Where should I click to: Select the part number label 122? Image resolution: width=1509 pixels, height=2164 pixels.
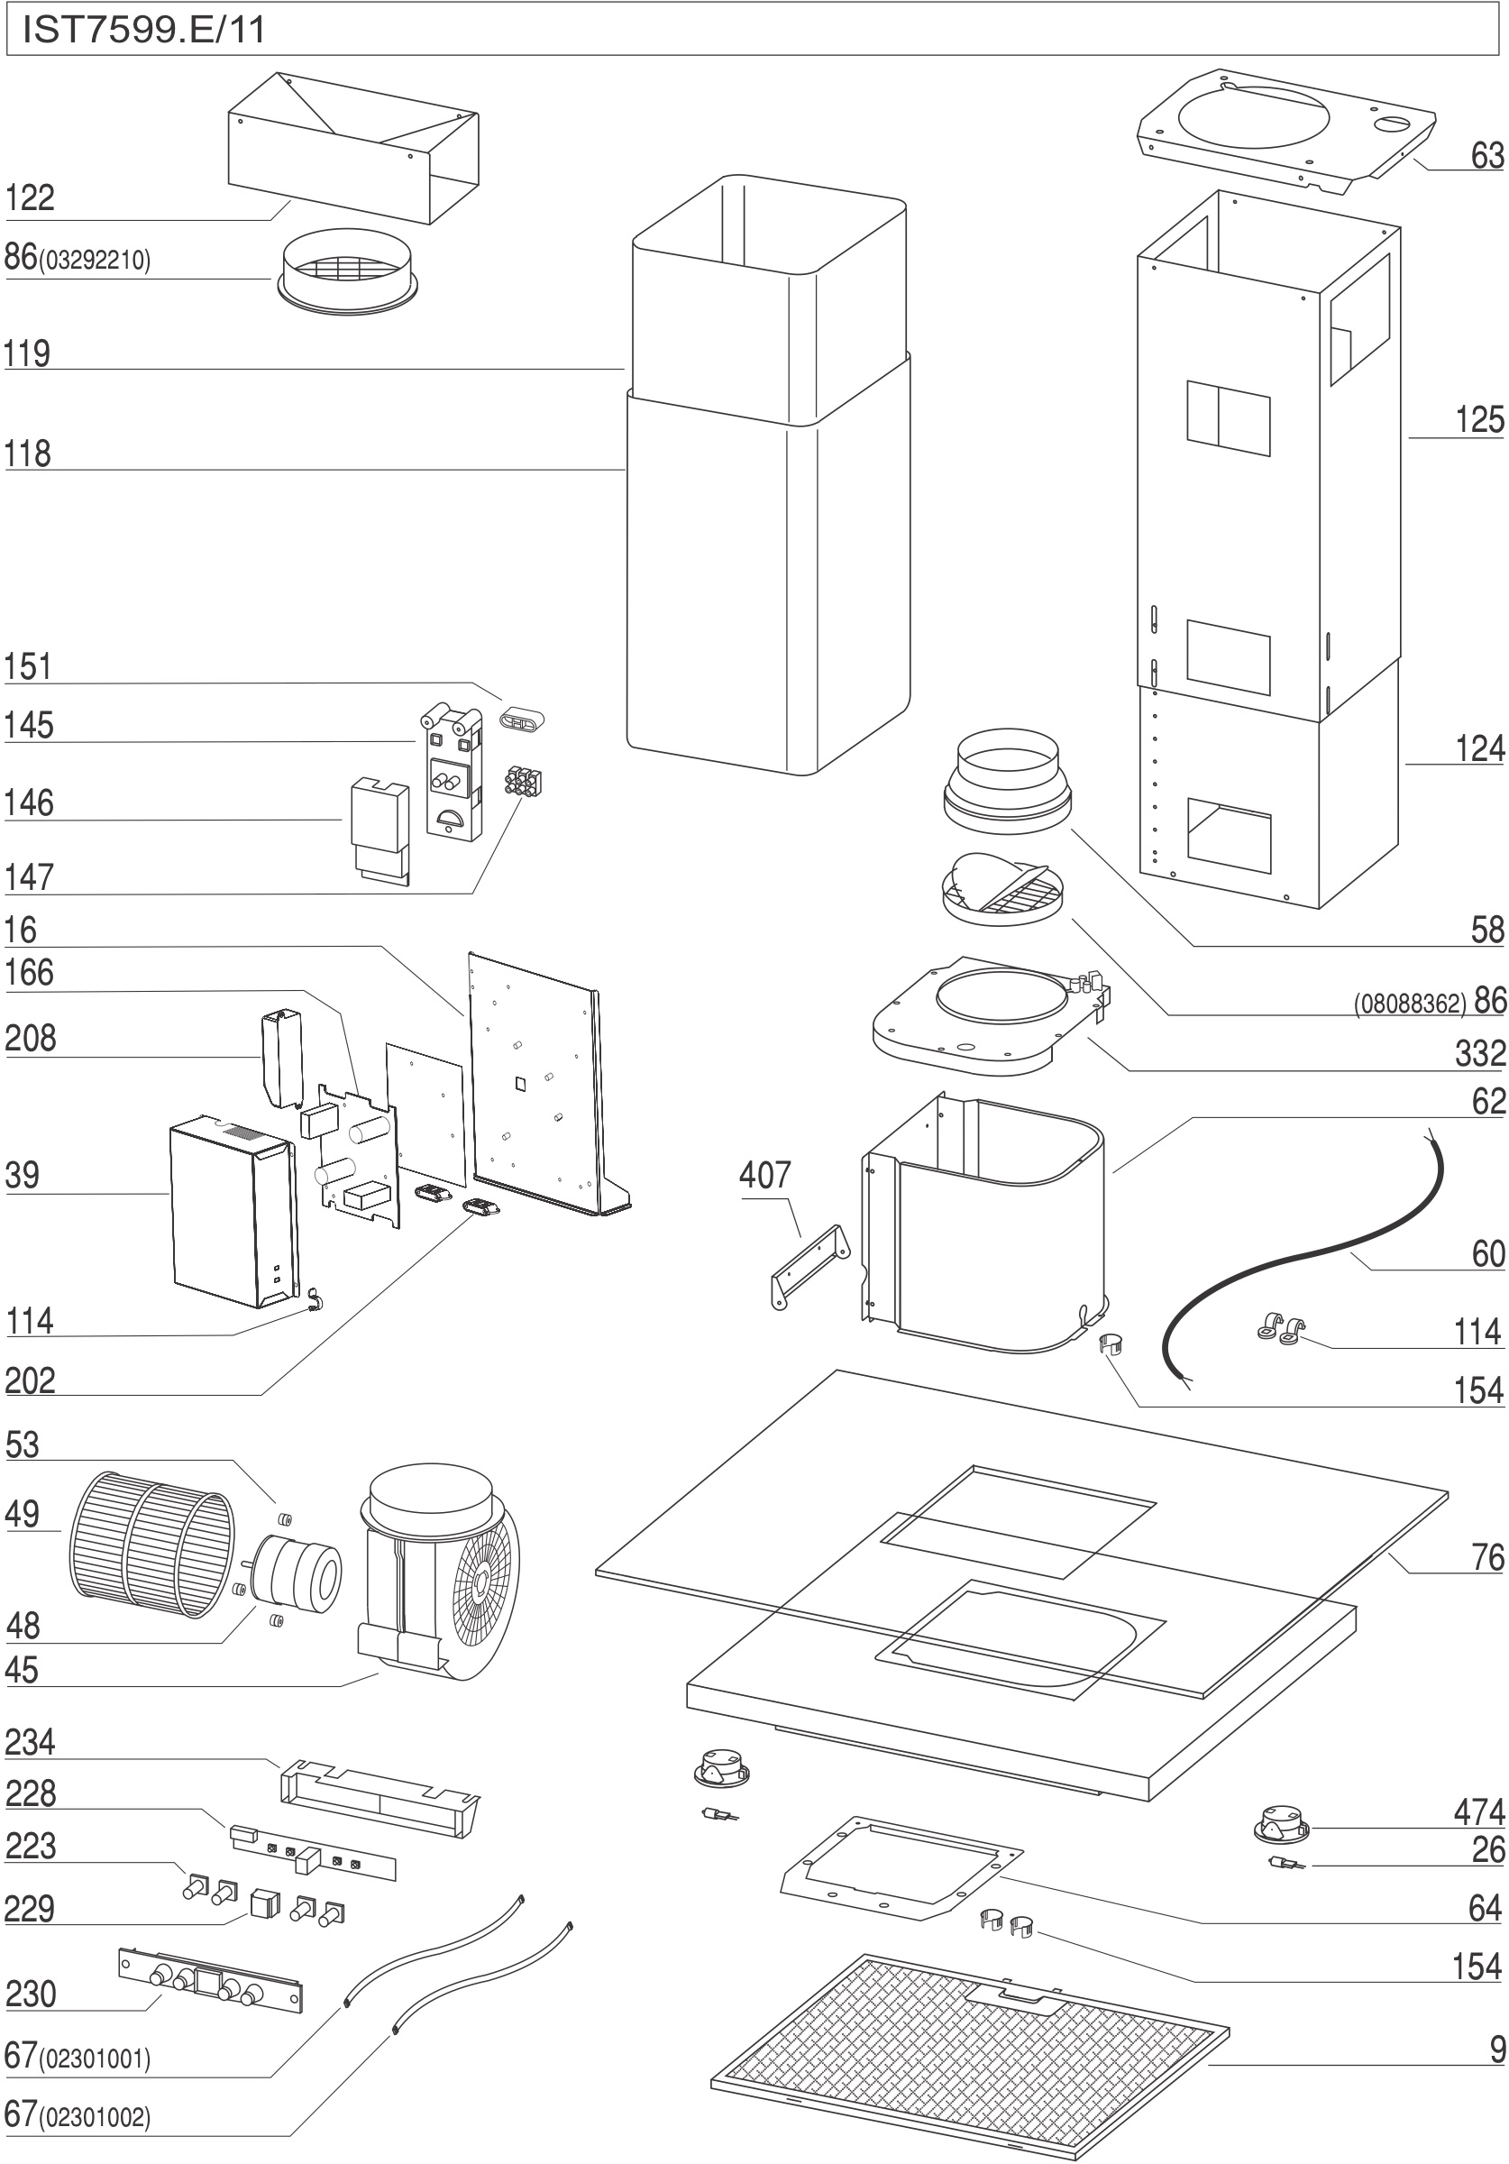point(30,199)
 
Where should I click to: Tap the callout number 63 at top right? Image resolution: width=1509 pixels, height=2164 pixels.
point(1486,155)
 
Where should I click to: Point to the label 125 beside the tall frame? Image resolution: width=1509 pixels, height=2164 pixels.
point(1479,419)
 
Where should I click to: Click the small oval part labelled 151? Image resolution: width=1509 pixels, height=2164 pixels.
point(521,722)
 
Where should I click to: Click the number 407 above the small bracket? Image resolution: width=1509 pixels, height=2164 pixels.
point(764,1174)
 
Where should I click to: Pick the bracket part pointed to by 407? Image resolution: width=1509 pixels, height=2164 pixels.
point(809,1266)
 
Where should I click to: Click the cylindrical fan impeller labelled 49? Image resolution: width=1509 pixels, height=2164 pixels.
point(151,1545)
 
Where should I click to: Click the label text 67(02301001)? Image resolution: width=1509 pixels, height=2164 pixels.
point(78,2057)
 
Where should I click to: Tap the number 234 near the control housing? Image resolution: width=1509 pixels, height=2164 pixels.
point(30,1743)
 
